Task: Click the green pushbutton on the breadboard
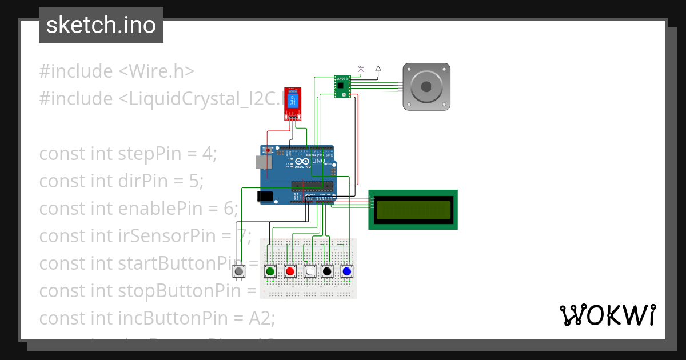point(270,271)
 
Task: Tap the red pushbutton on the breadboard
point(290,271)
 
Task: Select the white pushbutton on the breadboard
point(310,271)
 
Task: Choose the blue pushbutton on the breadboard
point(346,271)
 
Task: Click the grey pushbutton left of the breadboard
point(239,271)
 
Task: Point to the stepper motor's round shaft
point(426,87)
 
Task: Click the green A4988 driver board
point(342,87)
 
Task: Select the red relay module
point(293,103)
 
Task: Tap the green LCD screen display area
point(412,210)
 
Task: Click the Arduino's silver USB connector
point(262,162)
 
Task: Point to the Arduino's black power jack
point(265,196)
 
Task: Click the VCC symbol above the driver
point(361,69)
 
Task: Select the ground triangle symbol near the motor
point(378,69)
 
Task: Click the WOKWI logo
point(607,315)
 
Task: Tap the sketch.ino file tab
point(101,25)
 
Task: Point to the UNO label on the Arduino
point(318,161)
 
